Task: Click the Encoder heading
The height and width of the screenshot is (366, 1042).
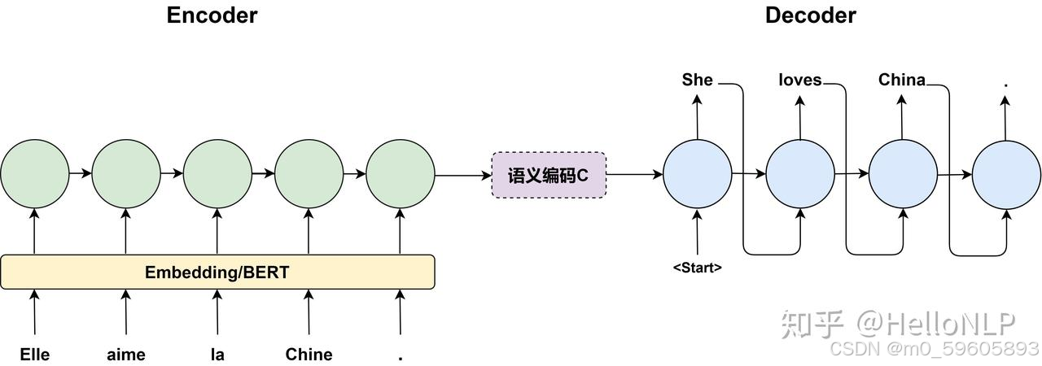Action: pos(212,15)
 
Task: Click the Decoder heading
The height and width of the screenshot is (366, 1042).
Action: pos(810,15)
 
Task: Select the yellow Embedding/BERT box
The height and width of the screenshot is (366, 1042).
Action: pos(217,272)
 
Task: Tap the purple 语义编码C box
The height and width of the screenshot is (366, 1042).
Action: pos(549,174)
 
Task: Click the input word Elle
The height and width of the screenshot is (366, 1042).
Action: pos(34,355)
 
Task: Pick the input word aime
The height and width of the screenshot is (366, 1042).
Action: pos(126,355)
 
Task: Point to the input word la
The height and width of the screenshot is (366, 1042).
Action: pos(217,355)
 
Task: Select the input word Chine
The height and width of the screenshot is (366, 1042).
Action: pos(309,355)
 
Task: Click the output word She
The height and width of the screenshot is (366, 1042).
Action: pos(697,80)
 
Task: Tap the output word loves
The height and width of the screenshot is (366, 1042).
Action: pos(799,80)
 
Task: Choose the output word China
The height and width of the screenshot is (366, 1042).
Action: pos(901,80)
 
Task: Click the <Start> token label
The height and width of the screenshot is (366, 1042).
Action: pos(697,267)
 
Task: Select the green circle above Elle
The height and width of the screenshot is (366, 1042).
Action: pos(34,174)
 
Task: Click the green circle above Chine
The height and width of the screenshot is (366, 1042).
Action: pos(309,174)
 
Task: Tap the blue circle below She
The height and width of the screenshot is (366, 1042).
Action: pos(698,174)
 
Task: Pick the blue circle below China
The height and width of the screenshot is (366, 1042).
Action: pos(903,174)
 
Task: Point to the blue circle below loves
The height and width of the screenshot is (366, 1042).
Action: pos(800,174)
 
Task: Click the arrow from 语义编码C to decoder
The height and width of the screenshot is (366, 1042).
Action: pos(634,174)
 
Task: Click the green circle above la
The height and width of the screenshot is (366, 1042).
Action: pos(217,174)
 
